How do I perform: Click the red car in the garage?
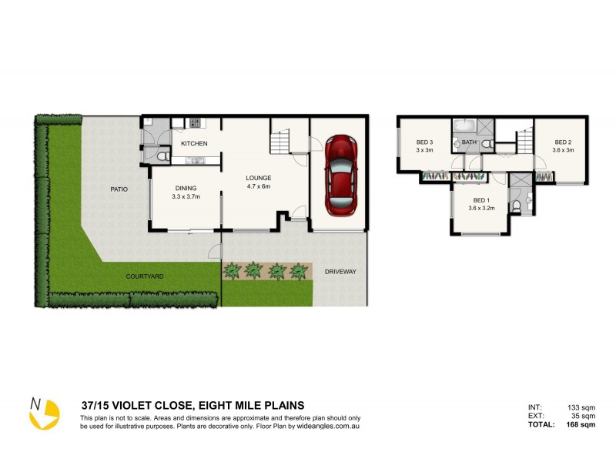[x=341, y=175]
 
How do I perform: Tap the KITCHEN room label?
[x=194, y=144]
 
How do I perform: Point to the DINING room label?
[x=186, y=188]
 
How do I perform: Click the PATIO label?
[x=118, y=189]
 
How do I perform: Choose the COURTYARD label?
[x=146, y=276]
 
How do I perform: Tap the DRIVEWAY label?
[x=340, y=273]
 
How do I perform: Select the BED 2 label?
[x=564, y=142]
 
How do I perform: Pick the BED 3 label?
[x=425, y=142]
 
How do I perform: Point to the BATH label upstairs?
[x=468, y=142]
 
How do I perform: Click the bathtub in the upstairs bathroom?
[x=464, y=125]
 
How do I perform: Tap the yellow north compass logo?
[x=43, y=413]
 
